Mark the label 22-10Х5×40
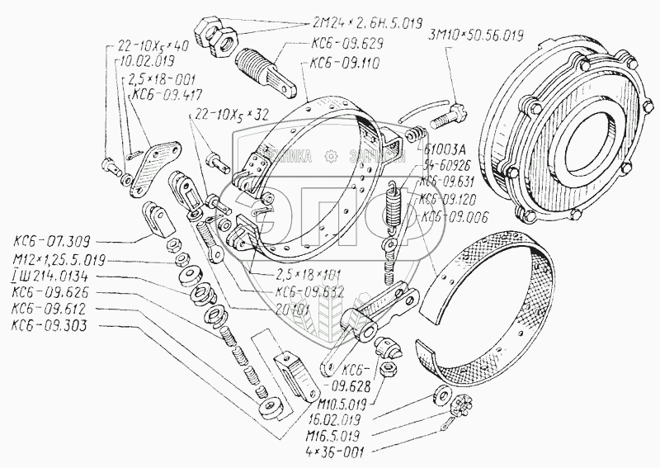pos(153,45)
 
